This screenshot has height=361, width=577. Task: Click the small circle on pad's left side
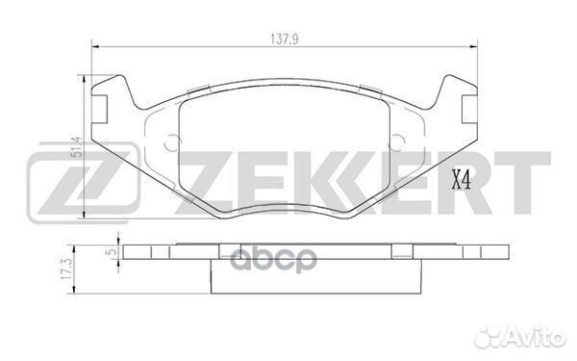point(173,144)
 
